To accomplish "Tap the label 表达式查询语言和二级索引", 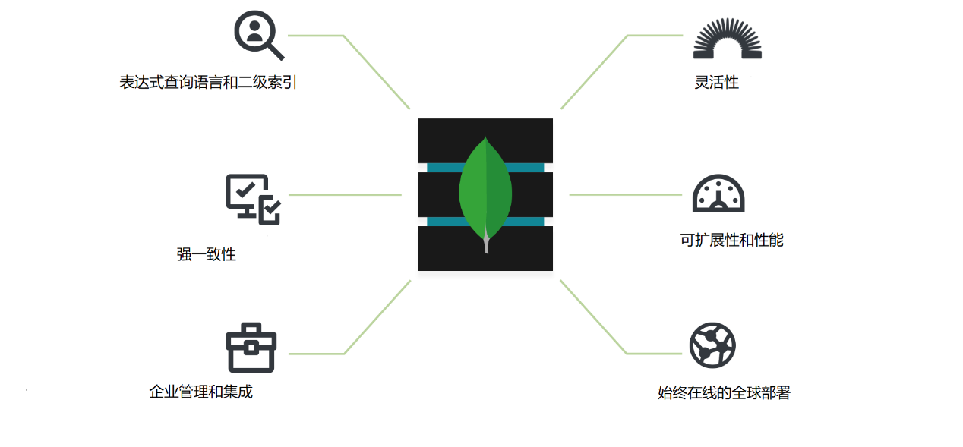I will [x=208, y=82].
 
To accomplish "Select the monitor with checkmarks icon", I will [x=253, y=199].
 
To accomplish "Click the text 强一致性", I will [x=207, y=254].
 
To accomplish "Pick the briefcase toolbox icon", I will [x=251, y=348].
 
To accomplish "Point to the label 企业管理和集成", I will [x=201, y=392].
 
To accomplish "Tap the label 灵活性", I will [x=716, y=82].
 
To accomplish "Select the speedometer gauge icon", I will [x=718, y=194].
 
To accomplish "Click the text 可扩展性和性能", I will [x=731, y=241].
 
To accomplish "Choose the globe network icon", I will [x=712, y=345].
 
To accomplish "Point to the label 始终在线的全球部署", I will [x=724, y=393].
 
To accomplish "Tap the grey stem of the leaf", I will [x=486, y=244].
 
